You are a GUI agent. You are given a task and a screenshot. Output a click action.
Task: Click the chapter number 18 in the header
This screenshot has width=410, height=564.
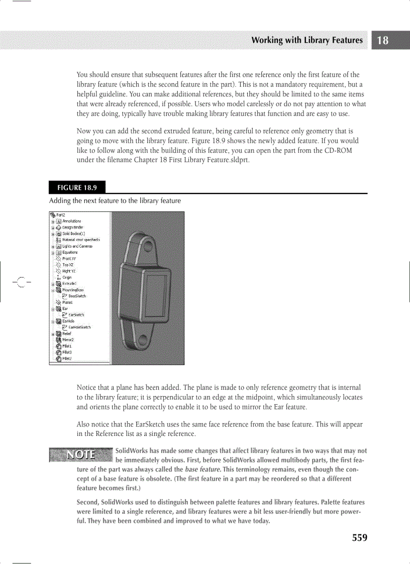383,41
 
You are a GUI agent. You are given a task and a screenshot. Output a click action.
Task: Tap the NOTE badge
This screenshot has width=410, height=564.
80,455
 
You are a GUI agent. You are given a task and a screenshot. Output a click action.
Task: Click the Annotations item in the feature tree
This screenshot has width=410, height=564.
71,221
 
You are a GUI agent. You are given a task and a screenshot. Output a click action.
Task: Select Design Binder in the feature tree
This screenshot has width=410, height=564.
73,227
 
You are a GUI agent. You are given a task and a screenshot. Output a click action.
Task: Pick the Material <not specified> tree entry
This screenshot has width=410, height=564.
77,240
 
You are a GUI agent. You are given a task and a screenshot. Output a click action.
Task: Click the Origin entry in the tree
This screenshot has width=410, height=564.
67,277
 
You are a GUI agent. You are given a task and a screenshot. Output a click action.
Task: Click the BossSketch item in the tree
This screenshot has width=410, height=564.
77,296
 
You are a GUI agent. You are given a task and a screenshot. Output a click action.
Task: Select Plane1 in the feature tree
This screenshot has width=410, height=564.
68,302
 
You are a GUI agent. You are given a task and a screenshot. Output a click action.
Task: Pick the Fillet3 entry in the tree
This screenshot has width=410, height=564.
67,352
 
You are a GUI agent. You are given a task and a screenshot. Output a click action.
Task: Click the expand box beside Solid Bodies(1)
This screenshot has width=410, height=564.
52,234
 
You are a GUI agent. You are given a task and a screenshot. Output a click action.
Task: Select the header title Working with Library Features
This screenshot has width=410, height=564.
306,40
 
